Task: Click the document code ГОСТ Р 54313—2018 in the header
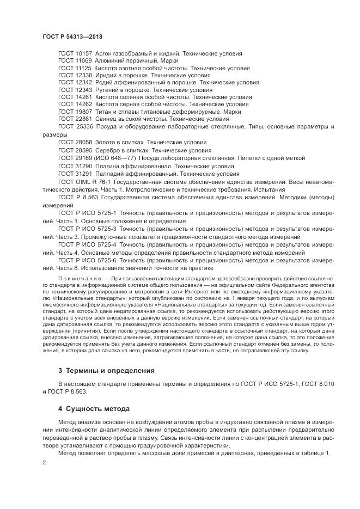[72, 36]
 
